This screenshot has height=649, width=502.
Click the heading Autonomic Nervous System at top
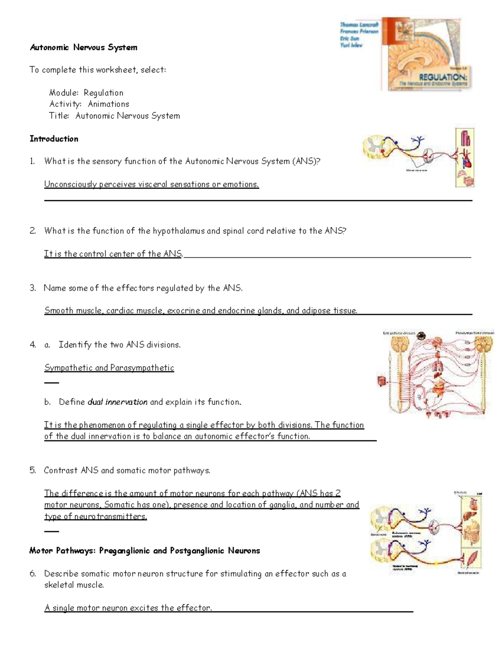coord(83,48)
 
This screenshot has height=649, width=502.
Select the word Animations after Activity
coord(108,104)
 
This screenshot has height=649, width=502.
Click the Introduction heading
coord(54,139)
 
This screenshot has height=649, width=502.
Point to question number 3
coord(33,288)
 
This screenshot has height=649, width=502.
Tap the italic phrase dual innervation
coord(117,402)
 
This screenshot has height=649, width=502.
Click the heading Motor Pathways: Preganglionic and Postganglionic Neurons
coord(145,551)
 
